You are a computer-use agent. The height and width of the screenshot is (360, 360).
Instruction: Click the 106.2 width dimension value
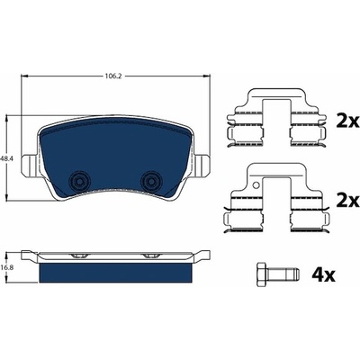click(112, 76)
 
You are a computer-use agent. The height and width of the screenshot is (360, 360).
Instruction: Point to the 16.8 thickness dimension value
click(4, 265)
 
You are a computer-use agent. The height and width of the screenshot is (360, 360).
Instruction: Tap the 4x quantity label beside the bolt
click(323, 274)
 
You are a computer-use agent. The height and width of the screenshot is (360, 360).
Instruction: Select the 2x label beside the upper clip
click(347, 121)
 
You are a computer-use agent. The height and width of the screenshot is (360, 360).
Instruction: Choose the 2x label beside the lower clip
click(347, 201)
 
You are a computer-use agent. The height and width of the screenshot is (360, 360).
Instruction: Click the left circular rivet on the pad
click(79, 181)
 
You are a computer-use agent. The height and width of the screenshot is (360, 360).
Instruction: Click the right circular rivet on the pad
click(151, 181)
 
